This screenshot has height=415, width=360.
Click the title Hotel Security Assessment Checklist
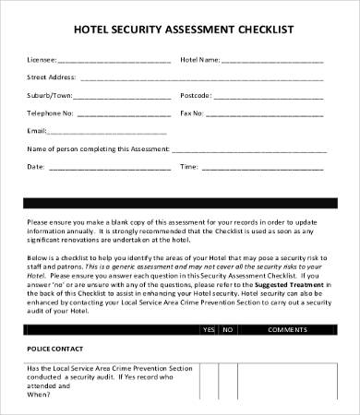pyautogui.click(x=180, y=30)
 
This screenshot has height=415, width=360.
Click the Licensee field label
pyautogui.click(x=42, y=61)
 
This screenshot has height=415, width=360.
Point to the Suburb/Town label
pyautogui.click(x=50, y=95)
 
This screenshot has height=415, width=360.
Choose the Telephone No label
pyautogui.click(x=50, y=113)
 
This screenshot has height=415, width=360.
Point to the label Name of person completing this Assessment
pyautogui.click(x=96, y=148)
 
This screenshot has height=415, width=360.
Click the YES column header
pyautogui.click(x=209, y=329)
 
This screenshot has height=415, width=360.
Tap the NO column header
pyautogui.click(x=227, y=329)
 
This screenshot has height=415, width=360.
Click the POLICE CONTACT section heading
pyautogui.click(x=56, y=349)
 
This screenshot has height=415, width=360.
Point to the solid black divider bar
pyautogui.click(x=180, y=202)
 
